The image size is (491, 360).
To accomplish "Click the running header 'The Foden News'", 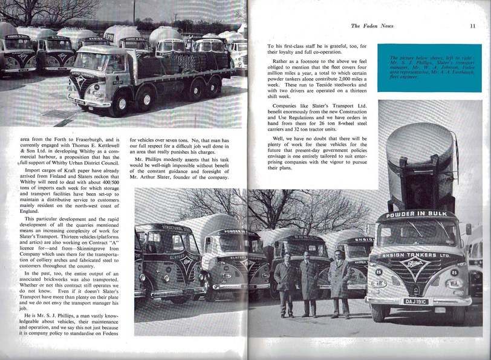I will pyautogui.click(x=372, y=26).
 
